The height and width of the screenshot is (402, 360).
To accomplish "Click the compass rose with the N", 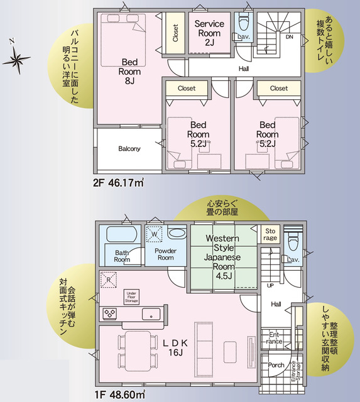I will pyautogui.click(x=17, y=60).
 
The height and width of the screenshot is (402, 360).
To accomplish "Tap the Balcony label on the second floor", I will pyautogui.click(x=129, y=149).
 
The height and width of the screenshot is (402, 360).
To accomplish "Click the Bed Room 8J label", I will pyautogui.click(x=129, y=70).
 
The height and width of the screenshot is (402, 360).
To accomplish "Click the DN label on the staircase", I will pyautogui.click(x=289, y=37).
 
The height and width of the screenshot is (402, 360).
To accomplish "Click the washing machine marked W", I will pyautogui.click(x=154, y=234).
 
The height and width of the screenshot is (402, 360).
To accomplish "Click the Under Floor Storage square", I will pyautogui.click(x=131, y=296).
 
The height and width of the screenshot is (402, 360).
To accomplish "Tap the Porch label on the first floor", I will pyautogui.click(x=276, y=365).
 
